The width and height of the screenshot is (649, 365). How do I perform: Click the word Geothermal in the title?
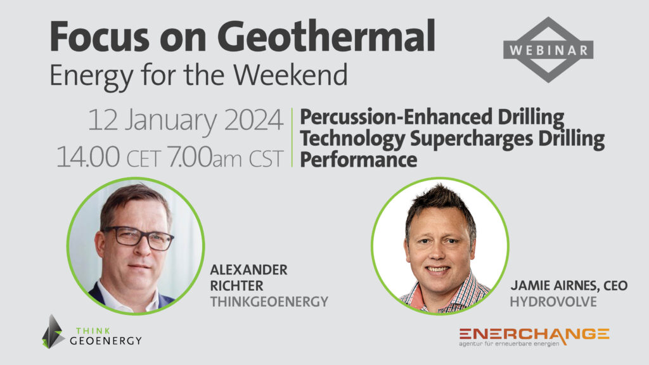(x=326, y=37)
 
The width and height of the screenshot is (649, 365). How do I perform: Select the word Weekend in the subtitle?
(x=290, y=75)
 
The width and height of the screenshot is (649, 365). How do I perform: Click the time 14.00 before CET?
(x=87, y=157)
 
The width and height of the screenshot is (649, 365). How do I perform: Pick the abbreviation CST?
(x=266, y=158)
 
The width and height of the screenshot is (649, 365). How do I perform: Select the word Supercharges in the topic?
(x=472, y=139)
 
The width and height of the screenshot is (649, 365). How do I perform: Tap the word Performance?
(x=359, y=160)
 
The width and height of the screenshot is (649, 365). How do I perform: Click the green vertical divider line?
(x=292, y=138)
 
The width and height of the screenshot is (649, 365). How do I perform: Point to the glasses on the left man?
(x=139, y=238)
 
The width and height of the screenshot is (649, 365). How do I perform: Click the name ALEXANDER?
(x=248, y=270)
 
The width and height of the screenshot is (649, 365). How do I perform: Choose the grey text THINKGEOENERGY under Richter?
(x=269, y=302)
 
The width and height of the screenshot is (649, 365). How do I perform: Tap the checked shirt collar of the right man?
(x=444, y=295)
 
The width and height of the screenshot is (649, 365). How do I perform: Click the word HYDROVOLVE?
(x=553, y=302)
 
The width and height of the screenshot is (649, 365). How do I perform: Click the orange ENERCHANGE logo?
(x=534, y=336)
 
